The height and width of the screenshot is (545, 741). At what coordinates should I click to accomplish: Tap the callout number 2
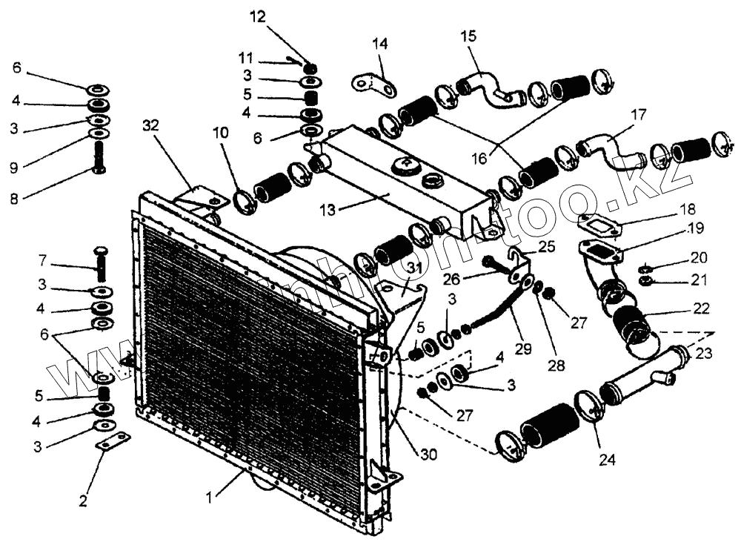[x=83, y=501]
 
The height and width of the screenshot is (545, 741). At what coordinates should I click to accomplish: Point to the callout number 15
[x=468, y=36]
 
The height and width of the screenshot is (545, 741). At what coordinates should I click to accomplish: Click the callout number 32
[x=151, y=126]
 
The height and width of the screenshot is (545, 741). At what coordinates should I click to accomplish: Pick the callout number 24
[x=608, y=460]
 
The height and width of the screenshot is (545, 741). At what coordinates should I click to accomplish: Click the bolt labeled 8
[x=99, y=158]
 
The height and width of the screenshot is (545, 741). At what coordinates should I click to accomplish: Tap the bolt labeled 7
[x=102, y=260]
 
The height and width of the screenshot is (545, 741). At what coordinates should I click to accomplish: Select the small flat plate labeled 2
[x=113, y=443]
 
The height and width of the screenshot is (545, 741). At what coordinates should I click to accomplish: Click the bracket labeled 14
[x=375, y=87]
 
